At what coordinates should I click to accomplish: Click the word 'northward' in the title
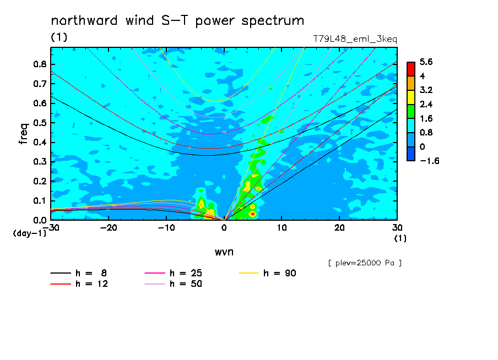(x=84, y=20)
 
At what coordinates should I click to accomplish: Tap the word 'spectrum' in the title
(x=273, y=22)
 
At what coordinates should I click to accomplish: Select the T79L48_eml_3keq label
(x=355, y=39)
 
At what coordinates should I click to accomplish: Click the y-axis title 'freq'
(x=24, y=134)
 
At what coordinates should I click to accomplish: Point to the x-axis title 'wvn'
(x=224, y=252)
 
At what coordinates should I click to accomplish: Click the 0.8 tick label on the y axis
(x=40, y=64)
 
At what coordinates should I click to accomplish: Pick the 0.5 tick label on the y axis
(x=40, y=123)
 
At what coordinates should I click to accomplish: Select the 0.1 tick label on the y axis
(x=40, y=201)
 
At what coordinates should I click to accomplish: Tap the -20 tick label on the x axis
(x=109, y=228)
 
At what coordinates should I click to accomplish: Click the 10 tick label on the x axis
(x=282, y=228)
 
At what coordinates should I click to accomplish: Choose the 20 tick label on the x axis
(x=339, y=228)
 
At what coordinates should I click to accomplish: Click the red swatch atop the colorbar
(x=411, y=69)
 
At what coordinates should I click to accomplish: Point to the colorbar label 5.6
(x=426, y=62)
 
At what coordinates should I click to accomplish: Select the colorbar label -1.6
(x=429, y=161)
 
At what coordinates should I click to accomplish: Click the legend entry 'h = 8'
(x=78, y=273)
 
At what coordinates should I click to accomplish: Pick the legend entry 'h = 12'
(x=79, y=283)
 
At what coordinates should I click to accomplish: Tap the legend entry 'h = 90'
(x=267, y=273)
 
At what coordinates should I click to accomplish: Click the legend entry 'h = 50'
(x=173, y=283)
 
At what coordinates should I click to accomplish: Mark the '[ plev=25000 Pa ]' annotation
(x=365, y=263)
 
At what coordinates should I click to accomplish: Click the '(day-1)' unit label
(x=29, y=233)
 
